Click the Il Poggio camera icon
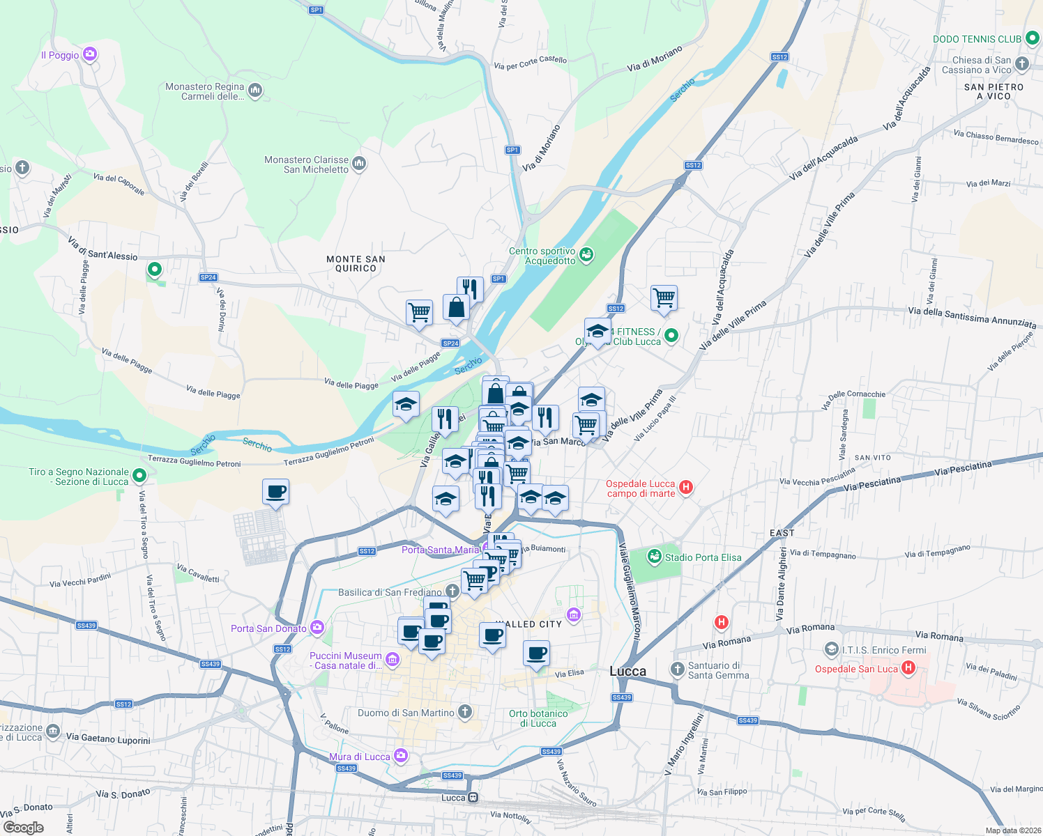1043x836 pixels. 90,54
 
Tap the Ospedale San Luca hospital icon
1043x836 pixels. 908,668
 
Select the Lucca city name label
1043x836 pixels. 627,671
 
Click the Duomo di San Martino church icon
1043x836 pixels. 465,712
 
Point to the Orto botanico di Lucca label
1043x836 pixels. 538,718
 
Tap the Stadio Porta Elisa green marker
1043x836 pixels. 654,557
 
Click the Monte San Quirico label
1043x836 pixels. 356,263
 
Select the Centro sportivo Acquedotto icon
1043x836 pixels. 586,255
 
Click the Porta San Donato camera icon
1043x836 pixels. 317,628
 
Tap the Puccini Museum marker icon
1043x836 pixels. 393,659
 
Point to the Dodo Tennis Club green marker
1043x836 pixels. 1033,39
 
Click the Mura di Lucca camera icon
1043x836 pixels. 400,756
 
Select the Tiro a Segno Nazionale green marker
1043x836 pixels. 139,476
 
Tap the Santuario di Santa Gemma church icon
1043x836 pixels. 677,669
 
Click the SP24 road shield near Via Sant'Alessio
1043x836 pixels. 208,277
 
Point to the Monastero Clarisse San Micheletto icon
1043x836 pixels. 359,164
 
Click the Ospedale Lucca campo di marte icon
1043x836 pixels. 685,488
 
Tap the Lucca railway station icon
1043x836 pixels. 473,798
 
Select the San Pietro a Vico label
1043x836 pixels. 993,91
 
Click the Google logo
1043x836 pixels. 24,828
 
